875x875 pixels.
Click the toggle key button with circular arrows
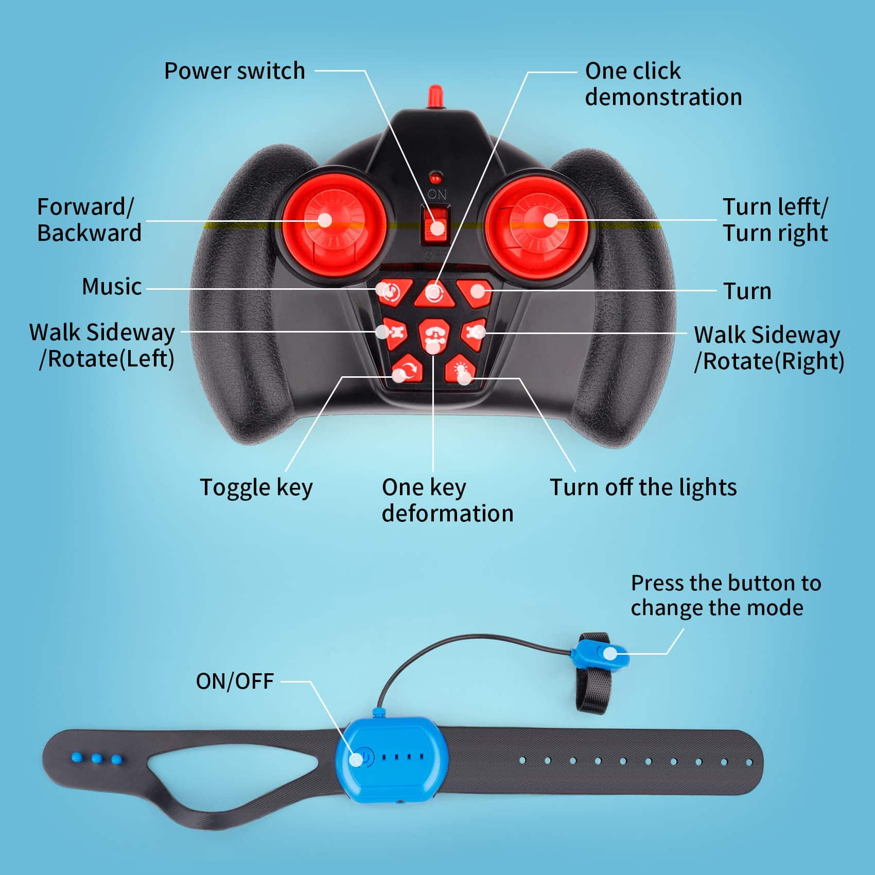tap(407, 370)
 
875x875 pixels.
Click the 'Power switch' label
tap(235, 71)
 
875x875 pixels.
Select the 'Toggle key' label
tap(256, 488)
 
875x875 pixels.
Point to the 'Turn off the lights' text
tap(643, 487)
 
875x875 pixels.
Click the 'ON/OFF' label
tap(235, 681)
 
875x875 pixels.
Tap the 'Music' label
tap(112, 286)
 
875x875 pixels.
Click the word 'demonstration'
tap(663, 97)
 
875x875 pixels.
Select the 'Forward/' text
tap(85, 207)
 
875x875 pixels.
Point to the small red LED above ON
tap(436, 178)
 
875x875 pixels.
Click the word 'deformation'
tap(448, 513)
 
